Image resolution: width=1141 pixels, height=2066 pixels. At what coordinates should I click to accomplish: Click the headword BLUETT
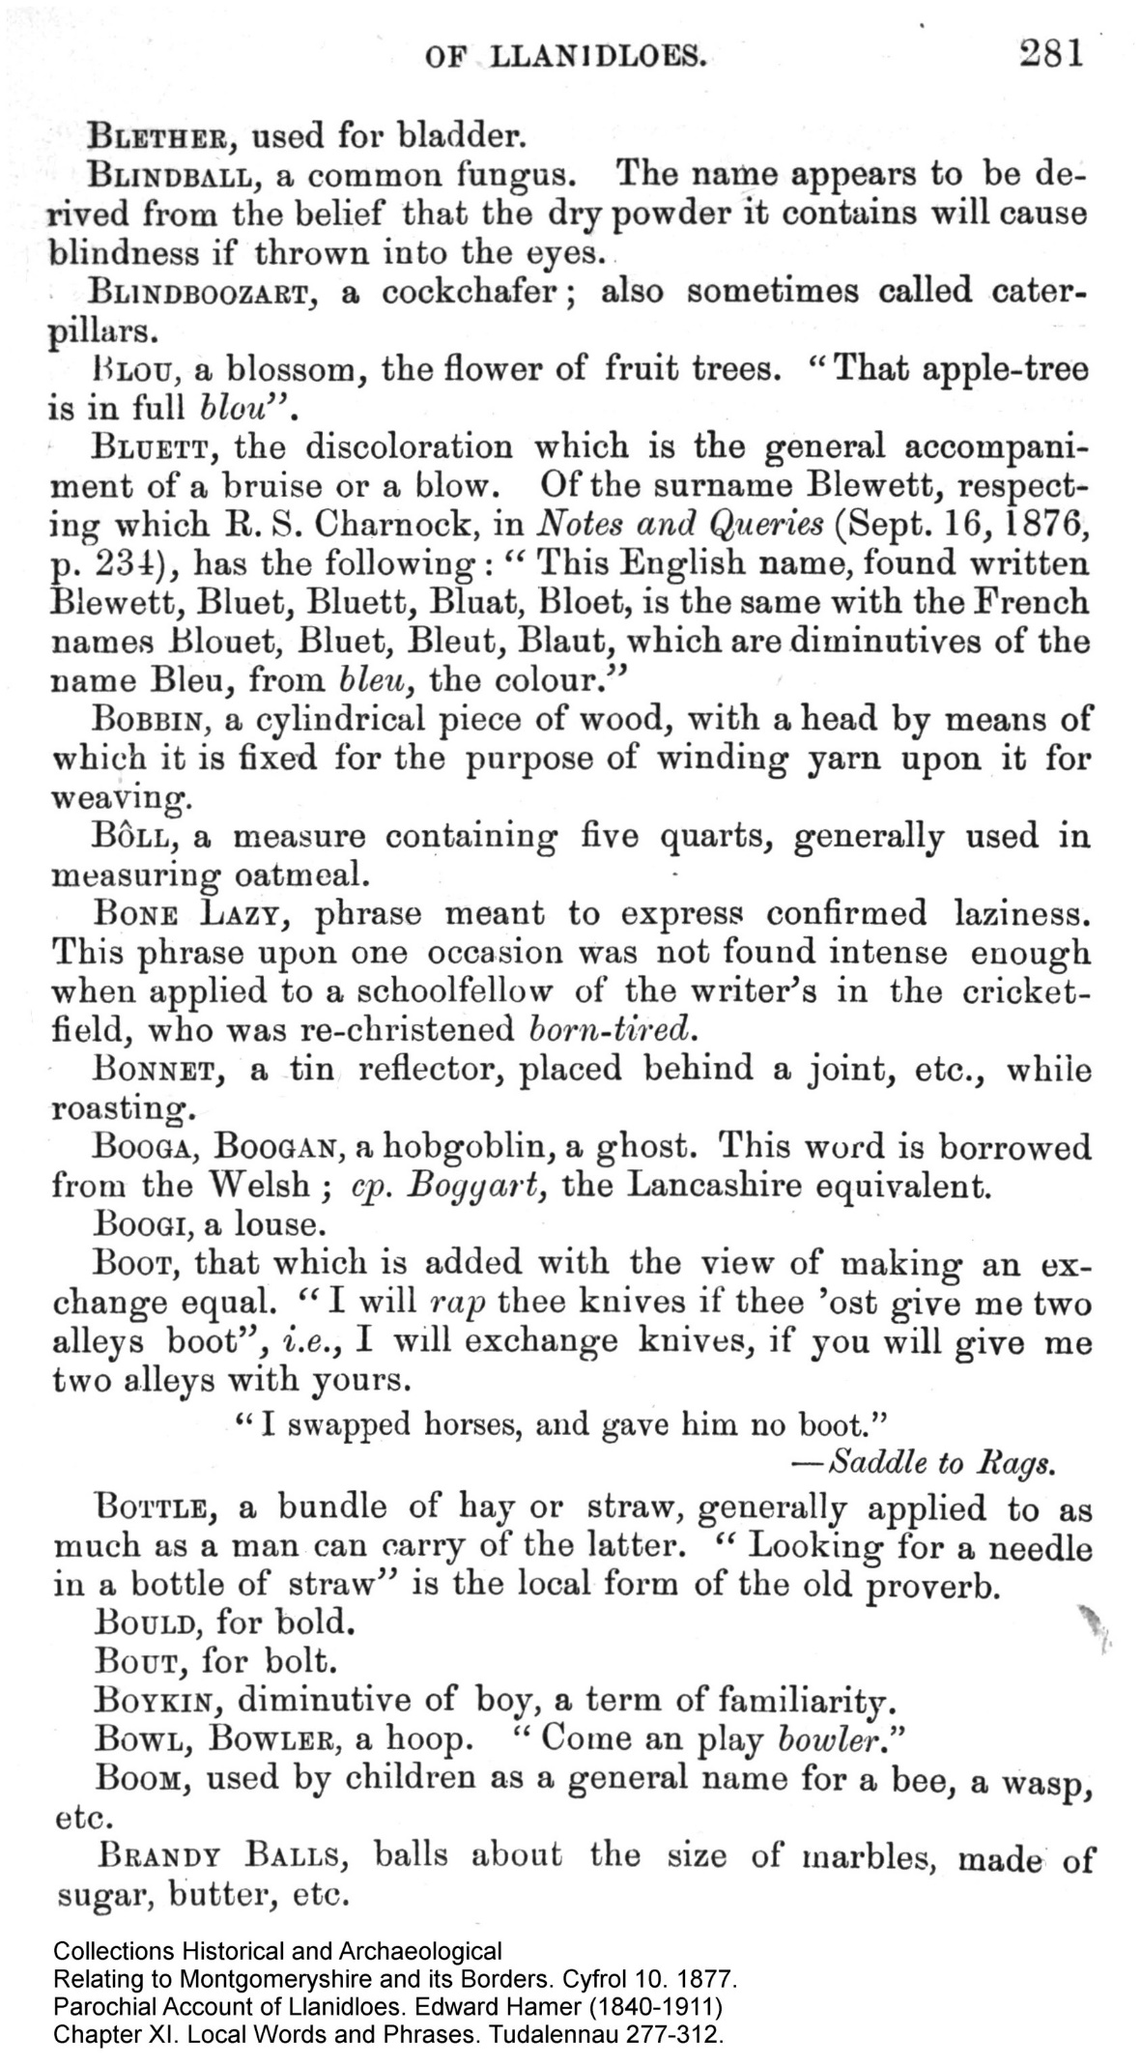click(159, 448)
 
